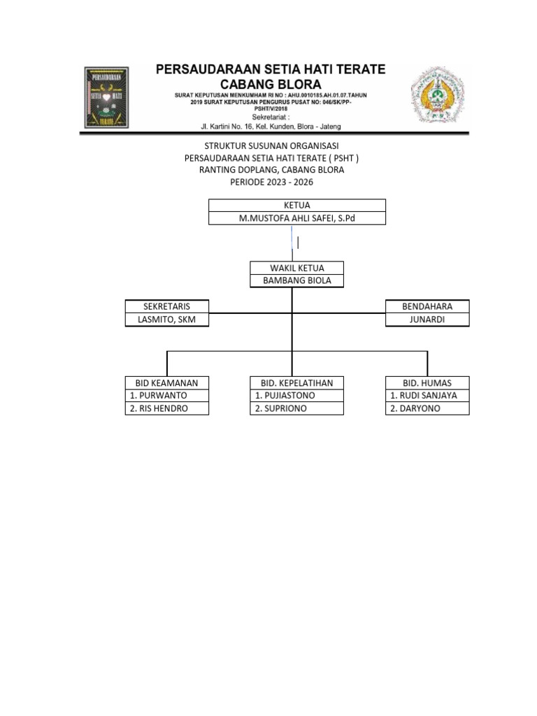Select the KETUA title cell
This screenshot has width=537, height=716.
click(x=297, y=205)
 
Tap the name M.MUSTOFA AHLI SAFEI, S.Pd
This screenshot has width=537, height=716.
click(x=297, y=218)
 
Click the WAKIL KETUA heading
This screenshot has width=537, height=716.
click(x=296, y=268)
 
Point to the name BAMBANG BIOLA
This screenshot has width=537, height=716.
click(x=296, y=281)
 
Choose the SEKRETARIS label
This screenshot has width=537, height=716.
click(x=166, y=306)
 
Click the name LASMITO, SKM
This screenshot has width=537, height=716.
click(x=166, y=320)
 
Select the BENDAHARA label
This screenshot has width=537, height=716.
click(x=427, y=306)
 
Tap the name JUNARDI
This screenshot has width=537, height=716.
click(x=427, y=320)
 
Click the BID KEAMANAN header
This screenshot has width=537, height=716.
click(x=166, y=382)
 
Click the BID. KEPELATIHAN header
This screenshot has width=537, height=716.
click(x=296, y=382)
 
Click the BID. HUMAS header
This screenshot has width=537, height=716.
click(x=427, y=382)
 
